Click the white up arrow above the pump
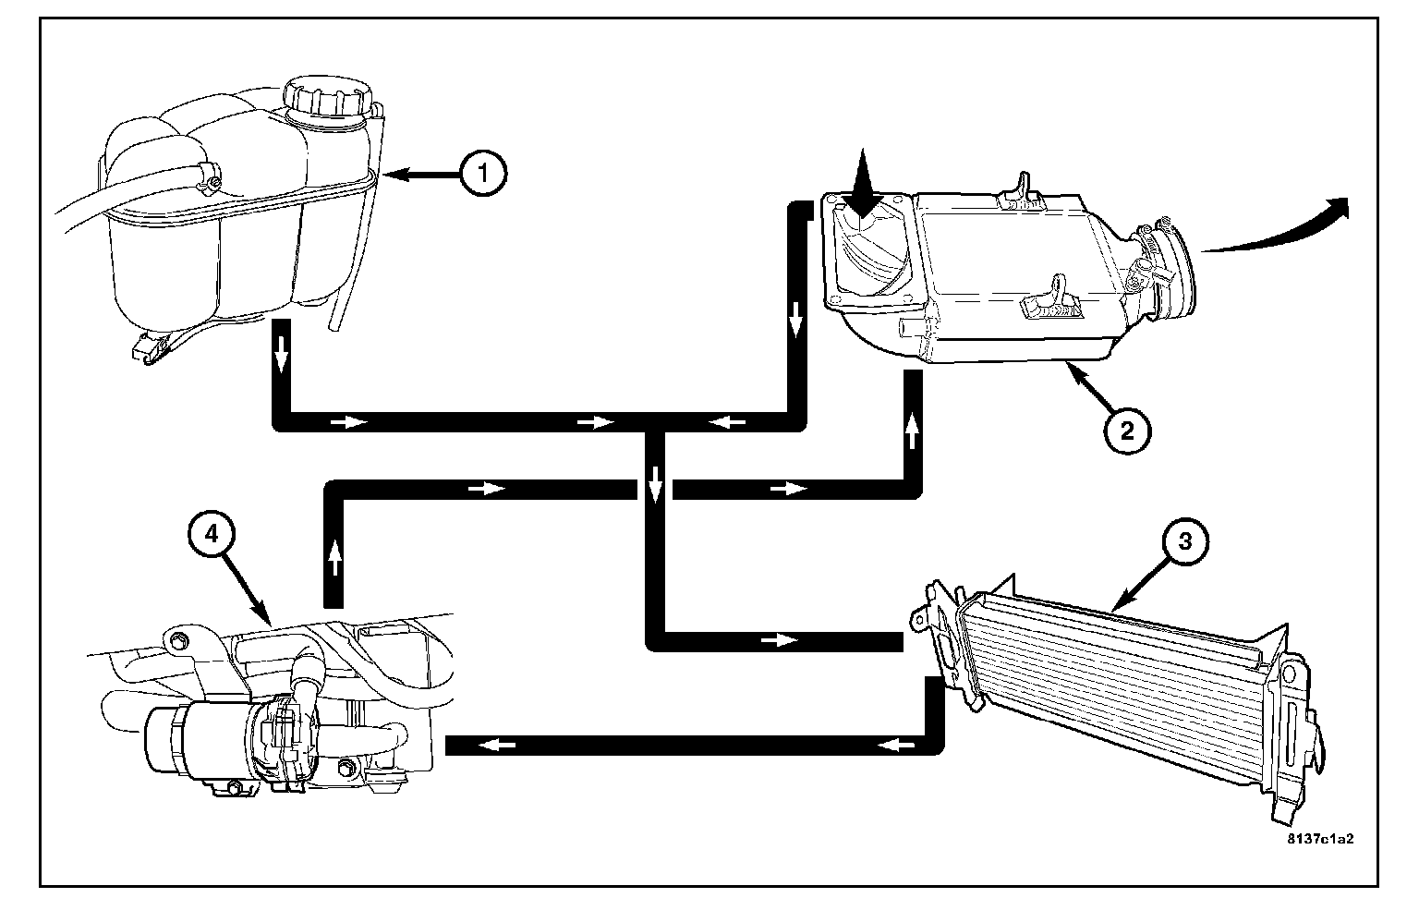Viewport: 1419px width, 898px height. coord(334,556)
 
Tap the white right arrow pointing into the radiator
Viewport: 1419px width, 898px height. coord(782,639)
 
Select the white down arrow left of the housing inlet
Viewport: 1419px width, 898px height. coord(794,323)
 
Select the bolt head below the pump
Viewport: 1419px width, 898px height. coord(235,787)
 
